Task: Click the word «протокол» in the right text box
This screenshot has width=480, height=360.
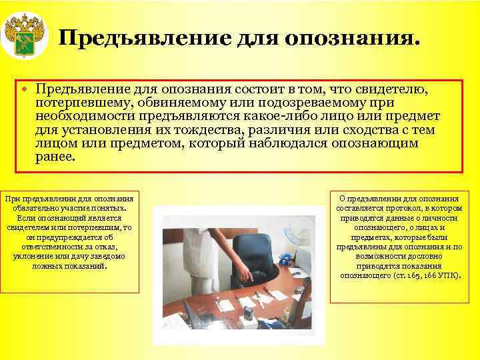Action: [x=411, y=208]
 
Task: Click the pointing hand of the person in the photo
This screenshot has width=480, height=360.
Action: [x=246, y=275]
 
